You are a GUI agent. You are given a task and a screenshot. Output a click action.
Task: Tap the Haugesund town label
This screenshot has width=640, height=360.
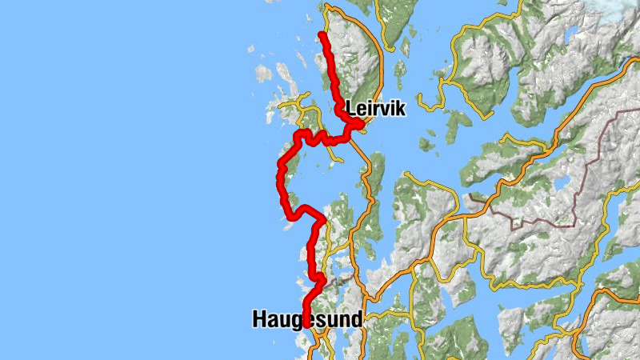point(307,318)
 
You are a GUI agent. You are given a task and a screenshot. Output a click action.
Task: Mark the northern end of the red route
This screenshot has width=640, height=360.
point(322,34)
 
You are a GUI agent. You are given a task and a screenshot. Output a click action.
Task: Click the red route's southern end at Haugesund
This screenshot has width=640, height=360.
point(306,326)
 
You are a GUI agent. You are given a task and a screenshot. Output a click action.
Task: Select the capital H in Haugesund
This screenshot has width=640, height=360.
point(259,318)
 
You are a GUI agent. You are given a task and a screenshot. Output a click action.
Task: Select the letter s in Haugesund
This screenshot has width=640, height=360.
point(321,319)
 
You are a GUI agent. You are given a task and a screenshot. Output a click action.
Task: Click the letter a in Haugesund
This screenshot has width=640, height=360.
point(273,319)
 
